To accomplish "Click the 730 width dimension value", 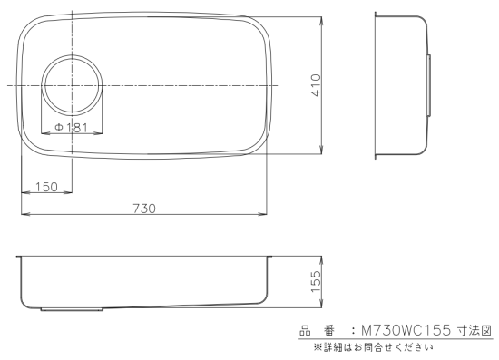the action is point(144,209).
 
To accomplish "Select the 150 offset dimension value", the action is point(46,187).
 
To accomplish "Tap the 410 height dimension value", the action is point(317,85).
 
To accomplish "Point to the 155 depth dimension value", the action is point(317,281).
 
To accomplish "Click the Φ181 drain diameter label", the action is point(71,128).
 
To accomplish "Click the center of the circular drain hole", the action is point(73,85).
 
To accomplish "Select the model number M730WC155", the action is point(406,331).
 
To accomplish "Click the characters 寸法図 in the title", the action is point(475,330).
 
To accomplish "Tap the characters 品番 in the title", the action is point(318,331).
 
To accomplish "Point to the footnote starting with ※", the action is point(373,347).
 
